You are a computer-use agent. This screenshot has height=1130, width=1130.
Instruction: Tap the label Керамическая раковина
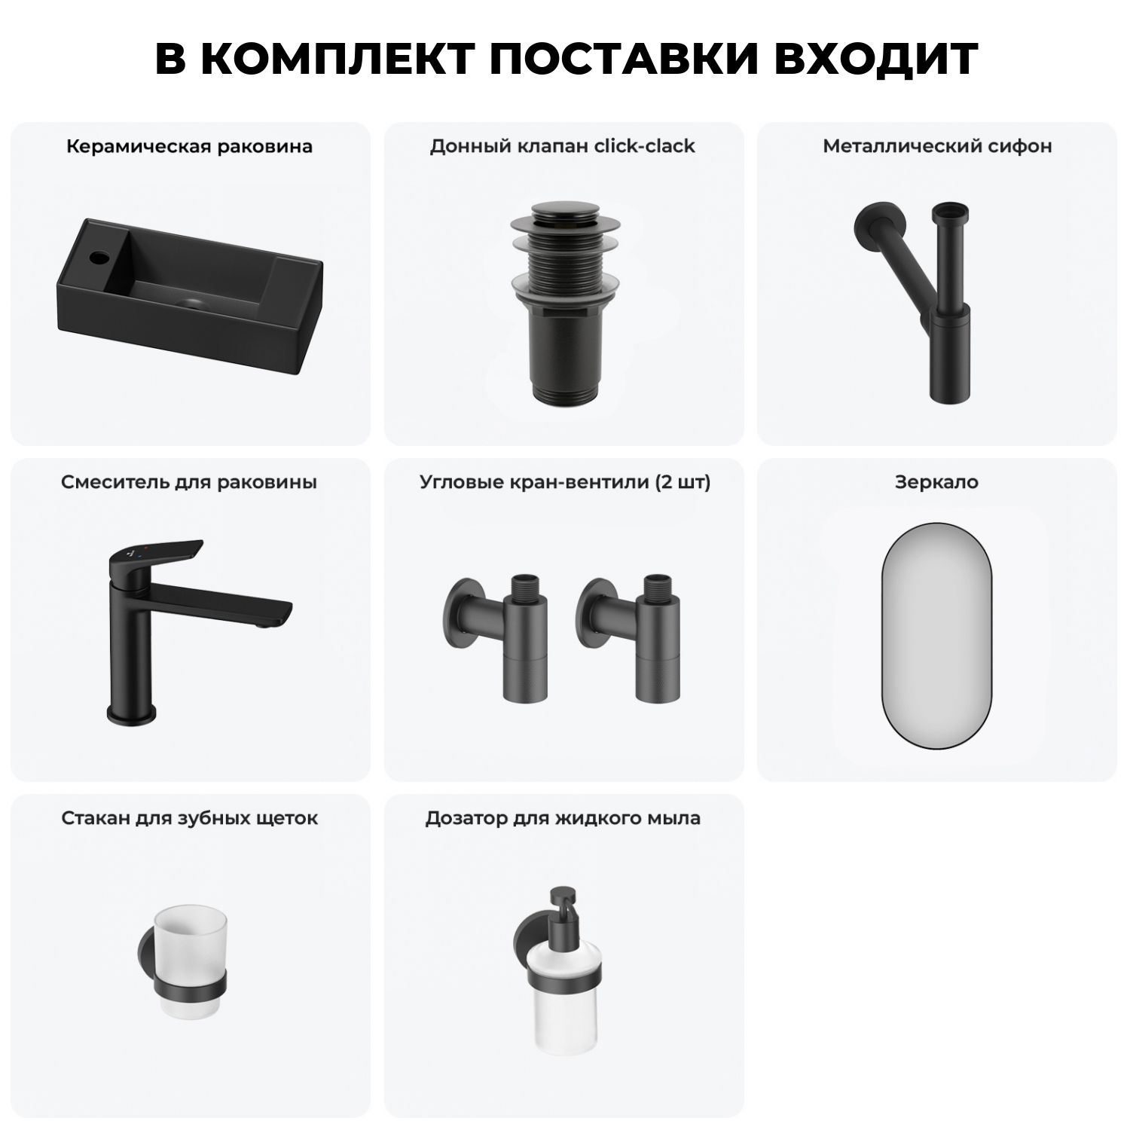pyautogui.click(x=189, y=146)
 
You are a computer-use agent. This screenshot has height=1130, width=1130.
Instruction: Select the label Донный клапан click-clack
pyautogui.click(x=563, y=146)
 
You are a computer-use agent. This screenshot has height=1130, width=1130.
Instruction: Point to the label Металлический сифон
pyautogui.click(x=937, y=146)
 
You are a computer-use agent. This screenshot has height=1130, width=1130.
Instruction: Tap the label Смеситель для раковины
pyautogui.click(x=189, y=482)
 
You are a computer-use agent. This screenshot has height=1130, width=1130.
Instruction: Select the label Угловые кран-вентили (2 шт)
pyautogui.click(x=565, y=482)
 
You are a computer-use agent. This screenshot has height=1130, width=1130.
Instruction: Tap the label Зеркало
pyautogui.click(x=936, y=482)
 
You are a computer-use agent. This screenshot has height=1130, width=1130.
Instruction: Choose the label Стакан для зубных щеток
pyautogui.click(x=190, y=818)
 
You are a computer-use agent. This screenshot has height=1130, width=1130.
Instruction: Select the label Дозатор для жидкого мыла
pyautogui.click(x=563, y=818)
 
